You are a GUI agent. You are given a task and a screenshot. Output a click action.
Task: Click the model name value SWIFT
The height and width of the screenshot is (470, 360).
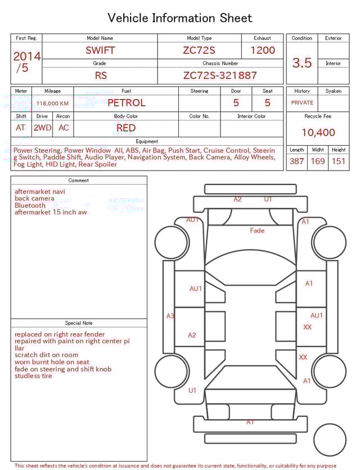(100, 50)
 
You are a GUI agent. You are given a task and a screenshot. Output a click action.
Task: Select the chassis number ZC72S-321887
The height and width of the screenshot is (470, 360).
(220, 75)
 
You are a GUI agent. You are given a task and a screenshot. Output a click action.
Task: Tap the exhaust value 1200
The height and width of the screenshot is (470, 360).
(263, 50)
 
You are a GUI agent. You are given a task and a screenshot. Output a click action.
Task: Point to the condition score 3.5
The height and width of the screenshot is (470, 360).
(302, 62)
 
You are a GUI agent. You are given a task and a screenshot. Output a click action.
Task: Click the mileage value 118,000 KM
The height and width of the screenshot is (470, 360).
(52, 104)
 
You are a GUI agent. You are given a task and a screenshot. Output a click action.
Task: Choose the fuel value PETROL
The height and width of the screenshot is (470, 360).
(126, 103)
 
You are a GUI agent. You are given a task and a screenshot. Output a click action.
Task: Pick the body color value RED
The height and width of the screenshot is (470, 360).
(126, 128)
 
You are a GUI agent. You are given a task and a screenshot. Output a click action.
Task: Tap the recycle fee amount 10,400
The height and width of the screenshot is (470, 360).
(318, 133)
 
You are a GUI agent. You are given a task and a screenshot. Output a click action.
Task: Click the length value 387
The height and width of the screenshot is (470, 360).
(296, 162)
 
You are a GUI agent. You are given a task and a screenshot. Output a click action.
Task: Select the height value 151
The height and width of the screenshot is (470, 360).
(339, 162)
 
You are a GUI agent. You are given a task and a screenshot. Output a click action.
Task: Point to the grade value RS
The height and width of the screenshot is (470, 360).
(100, 75)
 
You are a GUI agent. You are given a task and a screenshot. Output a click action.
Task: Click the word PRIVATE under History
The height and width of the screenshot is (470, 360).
(302, 103)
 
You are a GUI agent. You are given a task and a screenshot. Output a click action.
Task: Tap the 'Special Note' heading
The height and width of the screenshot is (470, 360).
(79, 323)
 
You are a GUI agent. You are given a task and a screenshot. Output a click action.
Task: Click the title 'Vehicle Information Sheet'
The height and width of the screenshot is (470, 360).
(180, 18)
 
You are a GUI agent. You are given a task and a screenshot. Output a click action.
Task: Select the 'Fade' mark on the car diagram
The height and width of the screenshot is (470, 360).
(257, 230)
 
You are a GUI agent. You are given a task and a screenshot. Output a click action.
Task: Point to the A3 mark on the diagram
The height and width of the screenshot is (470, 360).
(170, 316)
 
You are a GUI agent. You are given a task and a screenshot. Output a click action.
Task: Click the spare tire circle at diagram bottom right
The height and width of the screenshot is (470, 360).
(330, 440)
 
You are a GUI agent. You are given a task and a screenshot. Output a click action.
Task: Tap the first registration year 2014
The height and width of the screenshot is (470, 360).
(26, 56)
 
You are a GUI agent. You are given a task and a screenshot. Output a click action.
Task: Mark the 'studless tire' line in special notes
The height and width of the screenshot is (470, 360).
(33, 376)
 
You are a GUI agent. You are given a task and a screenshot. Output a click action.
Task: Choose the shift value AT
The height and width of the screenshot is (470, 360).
(21, 128)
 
